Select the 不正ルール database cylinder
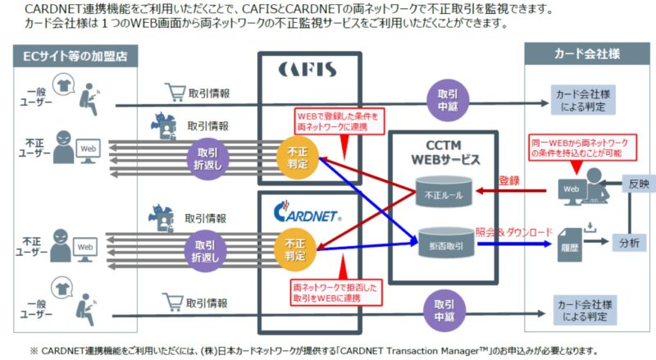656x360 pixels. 444,194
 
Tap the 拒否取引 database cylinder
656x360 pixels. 444,241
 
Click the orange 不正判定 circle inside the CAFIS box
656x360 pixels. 298,157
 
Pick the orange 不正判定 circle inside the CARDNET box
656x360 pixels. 298,249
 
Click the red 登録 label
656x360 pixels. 511,179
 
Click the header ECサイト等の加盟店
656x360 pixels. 75,56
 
